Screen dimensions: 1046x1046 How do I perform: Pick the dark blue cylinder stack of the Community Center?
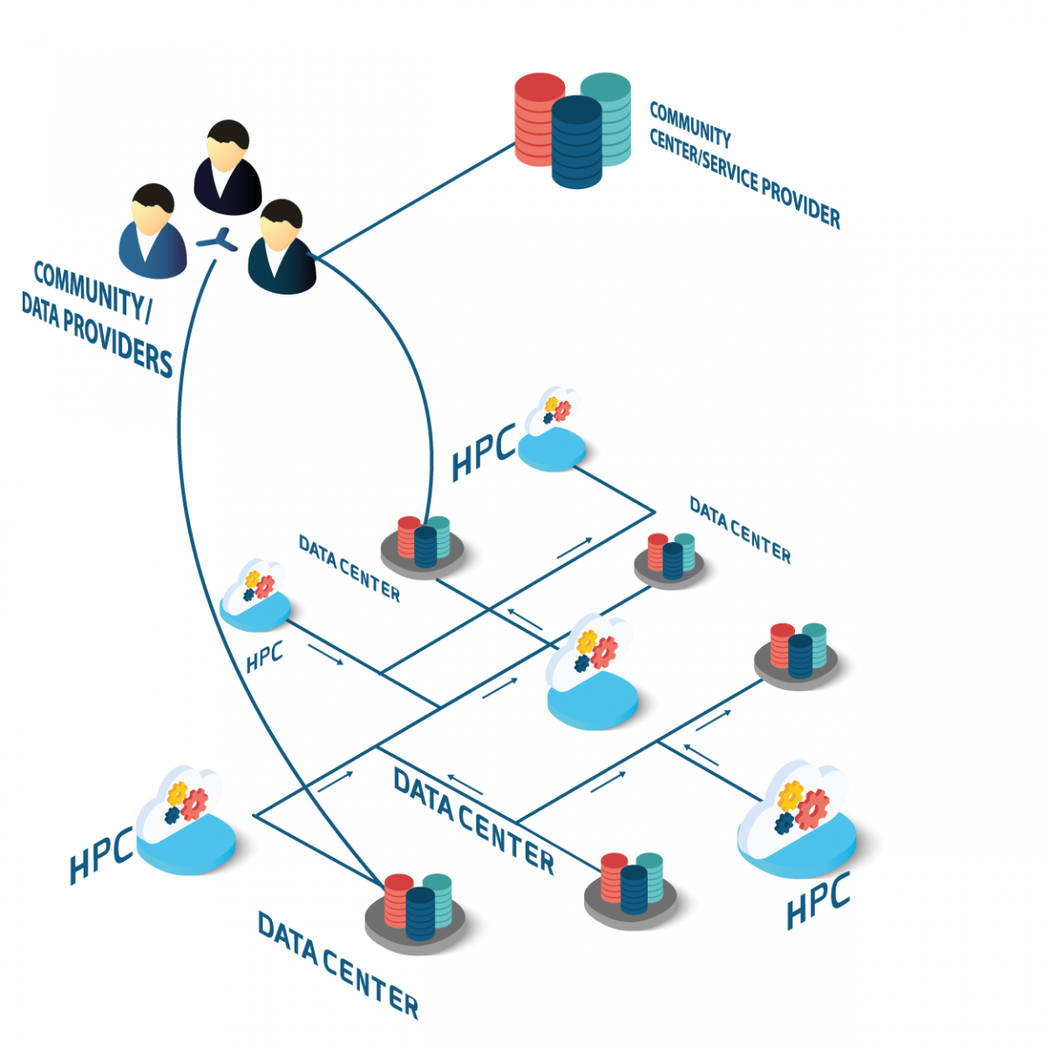point(576,143)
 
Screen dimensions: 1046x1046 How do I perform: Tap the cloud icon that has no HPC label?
point(591,671)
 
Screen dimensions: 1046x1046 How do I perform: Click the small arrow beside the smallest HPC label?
point(326,655)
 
